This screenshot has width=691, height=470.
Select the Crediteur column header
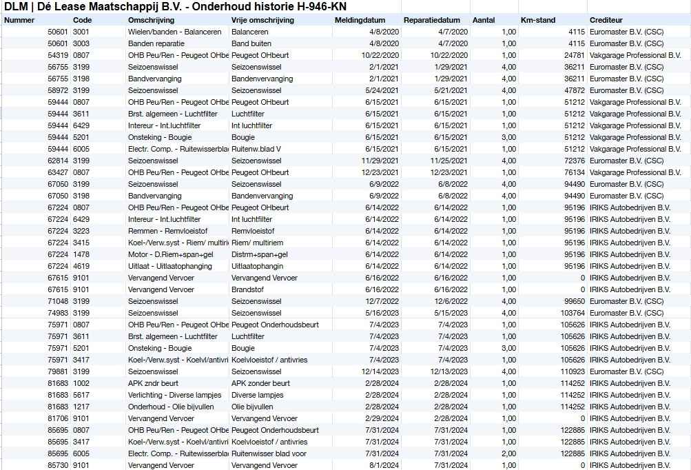pos(606,20)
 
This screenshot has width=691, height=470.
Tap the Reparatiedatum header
pos(433,20)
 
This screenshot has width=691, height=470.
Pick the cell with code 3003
pos(81,43)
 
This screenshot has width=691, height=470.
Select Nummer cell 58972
pos(58,90)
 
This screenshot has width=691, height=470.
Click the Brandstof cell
pos(247,289)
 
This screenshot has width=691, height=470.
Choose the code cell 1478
pos(81,254)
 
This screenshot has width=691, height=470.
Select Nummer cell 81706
pos(58,418)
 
